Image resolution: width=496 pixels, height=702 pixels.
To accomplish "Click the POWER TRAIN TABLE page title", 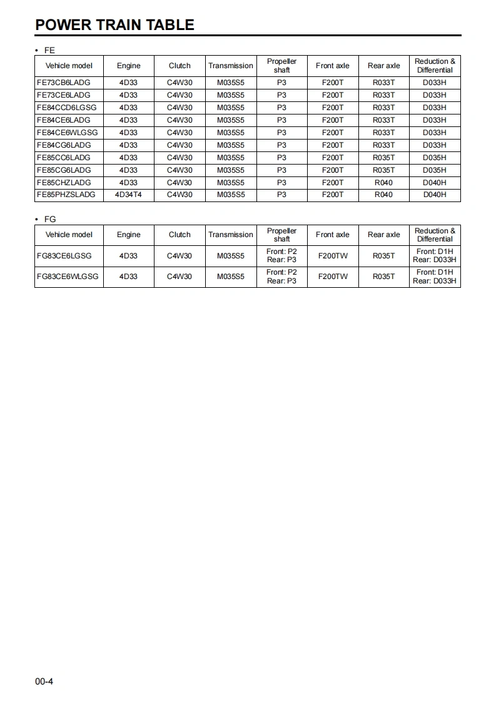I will pyautogui.click(x=114, y=25).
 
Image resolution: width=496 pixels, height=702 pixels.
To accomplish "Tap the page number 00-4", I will pyautogui.click(x=44, y=681).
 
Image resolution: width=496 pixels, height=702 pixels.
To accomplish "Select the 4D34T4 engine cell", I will pyautogui.click(x=128, y=195).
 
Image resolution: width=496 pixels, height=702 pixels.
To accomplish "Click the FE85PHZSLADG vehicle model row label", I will pyautogui.click(x=66, y=195).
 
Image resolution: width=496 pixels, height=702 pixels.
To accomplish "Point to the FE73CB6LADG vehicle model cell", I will pyautogui.click(x=64, y=83).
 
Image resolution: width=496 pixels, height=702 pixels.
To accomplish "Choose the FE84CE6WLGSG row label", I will pyautogui.click(x=68, y=133).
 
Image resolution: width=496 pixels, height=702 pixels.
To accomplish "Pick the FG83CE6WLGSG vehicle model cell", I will pyautogui.click(x=68, y=277).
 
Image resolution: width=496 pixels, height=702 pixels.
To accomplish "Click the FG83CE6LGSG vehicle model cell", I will pyautogui.click(x=64, y=256).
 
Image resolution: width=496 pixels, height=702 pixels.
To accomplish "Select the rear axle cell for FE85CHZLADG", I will pyautogui.click(x=383, y=183).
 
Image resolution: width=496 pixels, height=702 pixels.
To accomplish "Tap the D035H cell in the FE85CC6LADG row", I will pyautogui.click(x=435, y=158).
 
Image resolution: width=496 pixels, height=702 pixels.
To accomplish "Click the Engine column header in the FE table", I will pyautogui.click(x=128, y=66).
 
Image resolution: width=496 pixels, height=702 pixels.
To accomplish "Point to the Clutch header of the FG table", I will pyautogui.click(x=180, y=235).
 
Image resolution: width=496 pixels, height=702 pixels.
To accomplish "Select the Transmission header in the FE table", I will pyautogui.click(x=231, y=66).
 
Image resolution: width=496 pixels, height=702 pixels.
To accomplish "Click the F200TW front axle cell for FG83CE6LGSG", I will pyautogui.click(x=333, y=256).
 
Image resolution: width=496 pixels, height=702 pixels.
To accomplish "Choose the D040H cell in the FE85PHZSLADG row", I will pyautogui.click(x=435, y=195).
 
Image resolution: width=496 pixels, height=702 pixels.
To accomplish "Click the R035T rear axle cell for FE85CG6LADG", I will pyautogui.click(x=383, y=170).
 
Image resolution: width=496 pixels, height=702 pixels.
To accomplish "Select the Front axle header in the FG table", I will pyautogui.click(x=333, y=235).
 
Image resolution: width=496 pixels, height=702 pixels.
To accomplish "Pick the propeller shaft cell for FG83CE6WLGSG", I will pyautogui.click(x=281, y=277).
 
